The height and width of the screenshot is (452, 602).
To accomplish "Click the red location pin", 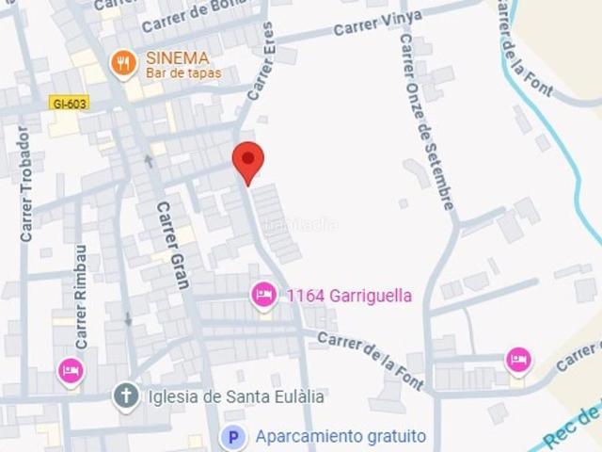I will point(248,161).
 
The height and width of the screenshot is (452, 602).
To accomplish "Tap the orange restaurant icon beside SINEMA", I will point(123,63).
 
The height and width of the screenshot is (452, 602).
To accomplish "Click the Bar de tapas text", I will point(183,73).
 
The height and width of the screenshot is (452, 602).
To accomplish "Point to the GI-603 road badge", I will point(70,102).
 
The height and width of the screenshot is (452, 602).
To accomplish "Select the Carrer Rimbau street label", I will point(81,298).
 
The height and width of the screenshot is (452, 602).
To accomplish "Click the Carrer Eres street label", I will point(261,61).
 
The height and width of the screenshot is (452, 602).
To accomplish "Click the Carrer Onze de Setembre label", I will point(427,122).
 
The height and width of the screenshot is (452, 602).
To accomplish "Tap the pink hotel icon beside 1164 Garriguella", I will point(264,296).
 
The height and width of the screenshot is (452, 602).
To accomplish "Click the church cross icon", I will point(126,396).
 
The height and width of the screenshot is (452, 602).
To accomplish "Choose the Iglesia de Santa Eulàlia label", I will point(236,396).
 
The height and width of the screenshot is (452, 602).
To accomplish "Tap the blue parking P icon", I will point(233,437).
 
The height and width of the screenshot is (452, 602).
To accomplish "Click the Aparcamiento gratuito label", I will point(341,437).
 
